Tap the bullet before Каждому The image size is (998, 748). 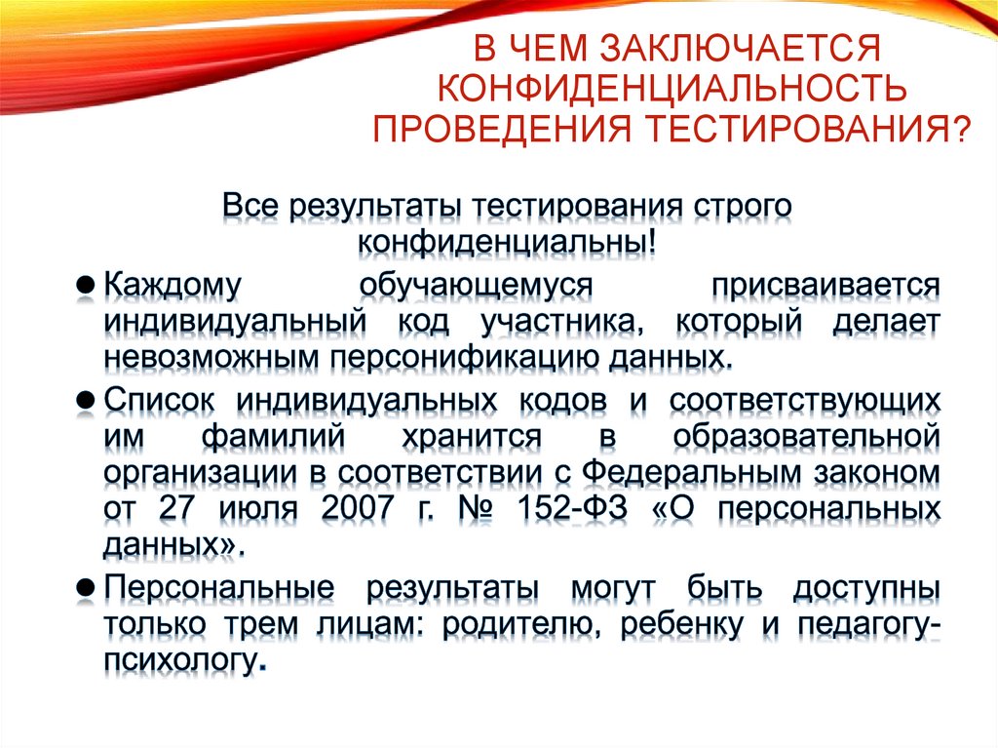click(x=85, y=288)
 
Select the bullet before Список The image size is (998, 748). click(x=85, y=400)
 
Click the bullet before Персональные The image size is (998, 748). click(x=85, y=589)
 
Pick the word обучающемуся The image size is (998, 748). click(x=475, y=288)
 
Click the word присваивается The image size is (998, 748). click(x=825, y=288)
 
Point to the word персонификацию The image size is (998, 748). click(x=472, y=357)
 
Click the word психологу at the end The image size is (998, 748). click(x=180, y=663)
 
